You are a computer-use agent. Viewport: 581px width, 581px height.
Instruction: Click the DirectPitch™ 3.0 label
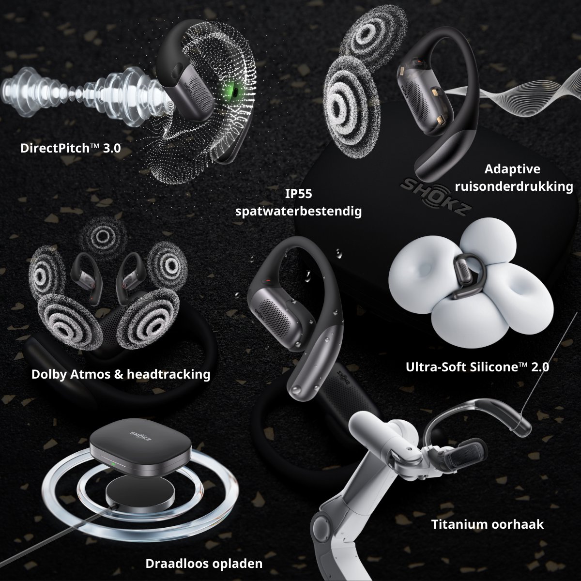tap(71, 148)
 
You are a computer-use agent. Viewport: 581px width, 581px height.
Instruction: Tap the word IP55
tap(299, 194)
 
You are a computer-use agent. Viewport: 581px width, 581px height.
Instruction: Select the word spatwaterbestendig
tap(299, 212)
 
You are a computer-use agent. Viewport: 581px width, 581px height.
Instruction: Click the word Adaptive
tap(512, 169)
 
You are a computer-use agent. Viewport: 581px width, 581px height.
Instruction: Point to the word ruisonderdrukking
tap(514, 186)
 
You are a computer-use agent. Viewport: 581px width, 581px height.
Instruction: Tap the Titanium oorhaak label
tap(488, 524)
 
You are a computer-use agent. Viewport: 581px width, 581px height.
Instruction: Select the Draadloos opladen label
tap(204, 564)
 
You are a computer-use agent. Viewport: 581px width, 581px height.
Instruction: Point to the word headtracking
tap(168, 374)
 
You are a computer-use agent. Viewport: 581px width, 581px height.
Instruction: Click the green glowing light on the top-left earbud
tap(234, 90)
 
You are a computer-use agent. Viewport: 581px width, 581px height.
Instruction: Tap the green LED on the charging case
tap(112, 464)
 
